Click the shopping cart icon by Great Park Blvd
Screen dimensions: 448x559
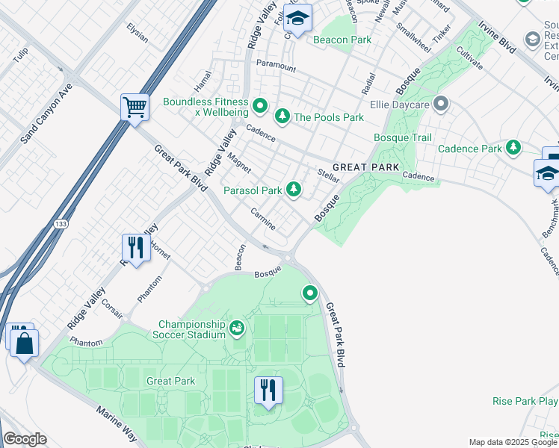tap(135, 107)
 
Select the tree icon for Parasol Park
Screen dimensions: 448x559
tap(294, 190)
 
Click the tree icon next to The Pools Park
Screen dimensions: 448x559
tap(282, 116)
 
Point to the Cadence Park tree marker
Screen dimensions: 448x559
tap(513, 148)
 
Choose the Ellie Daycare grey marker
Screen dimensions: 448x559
tap(441, 104)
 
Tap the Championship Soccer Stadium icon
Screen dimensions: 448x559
tap(237, 327)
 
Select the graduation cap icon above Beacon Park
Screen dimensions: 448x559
tap(297, 19)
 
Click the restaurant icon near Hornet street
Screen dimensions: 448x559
tap(136, 247)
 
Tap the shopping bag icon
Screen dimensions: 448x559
tap(25, 343)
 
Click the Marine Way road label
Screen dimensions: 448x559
tap(116, 424)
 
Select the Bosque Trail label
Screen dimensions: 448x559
tap(403, 137)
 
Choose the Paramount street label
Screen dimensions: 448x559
tap(276, 66)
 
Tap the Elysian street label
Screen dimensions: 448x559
tap(138, 34)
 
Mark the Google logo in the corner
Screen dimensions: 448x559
tap(25, 440)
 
